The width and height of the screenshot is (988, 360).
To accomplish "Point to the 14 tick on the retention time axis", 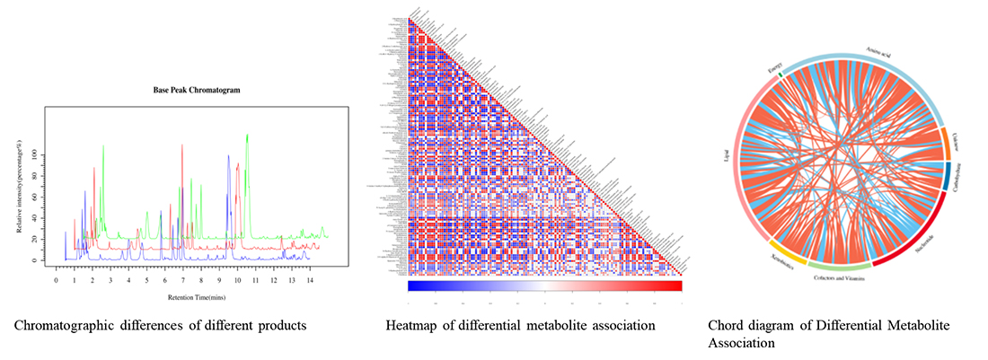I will pos(310,281).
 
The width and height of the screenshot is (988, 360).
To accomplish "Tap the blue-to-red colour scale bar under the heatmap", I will pos(544,286).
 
